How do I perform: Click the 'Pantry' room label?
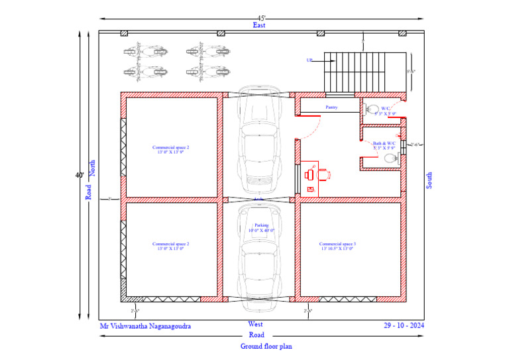click(x=332, y=107)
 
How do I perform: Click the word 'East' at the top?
click(x=259, y=25)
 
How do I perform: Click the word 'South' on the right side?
click(x=429, y=180)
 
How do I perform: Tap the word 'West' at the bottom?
click(x=255, y=324)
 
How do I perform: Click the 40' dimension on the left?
click(x=80, y=176)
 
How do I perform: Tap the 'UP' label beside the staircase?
click(x=309, y=60)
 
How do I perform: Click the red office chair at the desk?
click(x=323, y=174)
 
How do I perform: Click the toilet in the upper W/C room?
click(x=372, y=109)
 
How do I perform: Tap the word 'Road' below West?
click(x=256, y=335)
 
